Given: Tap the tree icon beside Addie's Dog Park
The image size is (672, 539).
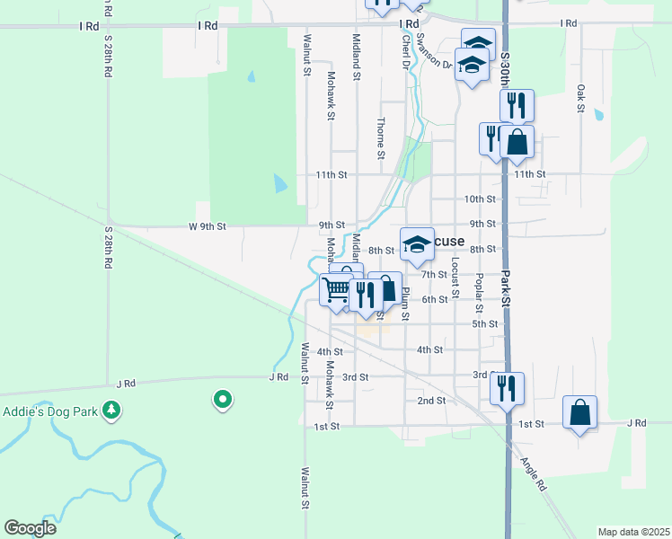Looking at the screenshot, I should point(111,411).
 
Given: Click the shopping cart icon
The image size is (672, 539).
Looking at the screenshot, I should point(336,290).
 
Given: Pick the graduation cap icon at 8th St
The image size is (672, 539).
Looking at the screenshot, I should point(416,244).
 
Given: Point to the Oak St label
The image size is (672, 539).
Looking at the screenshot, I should point(581,99).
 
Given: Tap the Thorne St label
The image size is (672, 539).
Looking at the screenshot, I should point(381,138).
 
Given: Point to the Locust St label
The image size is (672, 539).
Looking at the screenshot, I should point(455,277).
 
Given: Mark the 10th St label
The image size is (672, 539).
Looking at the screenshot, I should point(480,199).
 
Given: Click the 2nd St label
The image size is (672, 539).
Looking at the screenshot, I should point(431,400).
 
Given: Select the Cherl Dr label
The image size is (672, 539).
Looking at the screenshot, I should point(406,52).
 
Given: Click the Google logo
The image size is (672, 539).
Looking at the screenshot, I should point(30,528).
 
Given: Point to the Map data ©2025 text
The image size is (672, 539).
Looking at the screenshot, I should point(632,532).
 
